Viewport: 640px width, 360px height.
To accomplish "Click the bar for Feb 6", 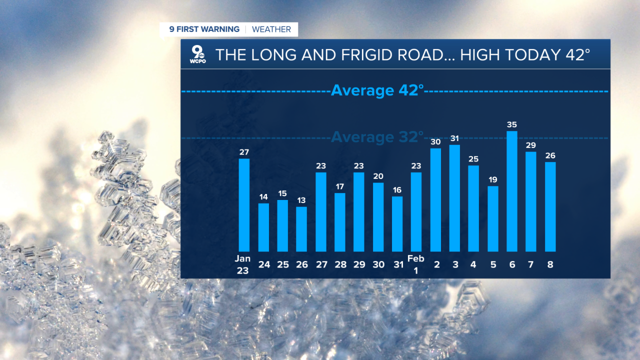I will [x=511, y=191].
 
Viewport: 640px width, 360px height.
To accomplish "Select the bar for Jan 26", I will [x=301, y=229].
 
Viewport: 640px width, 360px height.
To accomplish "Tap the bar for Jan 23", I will [x=244, y=205].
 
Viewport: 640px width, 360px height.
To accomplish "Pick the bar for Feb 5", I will [x=493, y=219].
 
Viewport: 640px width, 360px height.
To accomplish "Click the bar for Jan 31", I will [x=397, y=224].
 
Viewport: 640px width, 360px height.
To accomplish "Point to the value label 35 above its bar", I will [x=511, y=125].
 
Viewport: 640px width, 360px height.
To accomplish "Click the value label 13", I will [x=301, y=200].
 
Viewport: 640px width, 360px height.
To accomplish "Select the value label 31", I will [x=454, y=138].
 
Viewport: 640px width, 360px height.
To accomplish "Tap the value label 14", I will [x=263, y=197].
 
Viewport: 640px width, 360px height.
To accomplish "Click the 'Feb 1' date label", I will [x=416, y=264].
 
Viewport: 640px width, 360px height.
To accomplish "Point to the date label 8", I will [x=550, y=264].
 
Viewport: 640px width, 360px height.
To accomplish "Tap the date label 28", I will [x=340, y=264].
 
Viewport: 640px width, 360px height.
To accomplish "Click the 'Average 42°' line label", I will [x=377, y=91].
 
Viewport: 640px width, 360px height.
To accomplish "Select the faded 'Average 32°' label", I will [x=377, y=136].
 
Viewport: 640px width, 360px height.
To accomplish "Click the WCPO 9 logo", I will [x=197, y=54].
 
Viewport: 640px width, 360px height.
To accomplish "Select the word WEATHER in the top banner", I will [x=271, y=29].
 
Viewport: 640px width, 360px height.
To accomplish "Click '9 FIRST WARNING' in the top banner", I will [x=204, y=29].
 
